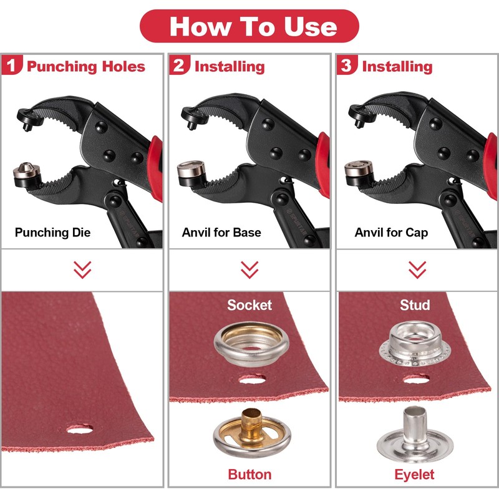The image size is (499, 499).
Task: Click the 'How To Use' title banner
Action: (x=249, y=26)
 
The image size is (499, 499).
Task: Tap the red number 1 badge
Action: (x=12, y=65)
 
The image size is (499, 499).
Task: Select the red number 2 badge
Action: (x=180, y=65)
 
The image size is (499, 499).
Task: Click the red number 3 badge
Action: (x=347, y=65)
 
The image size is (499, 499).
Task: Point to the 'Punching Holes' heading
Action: (x=86, y=66)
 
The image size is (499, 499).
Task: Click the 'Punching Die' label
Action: (x=52, y=233)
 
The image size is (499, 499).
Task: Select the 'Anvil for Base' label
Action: (x=221, y=233)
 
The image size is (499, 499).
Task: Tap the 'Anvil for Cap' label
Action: (x=391, y=233)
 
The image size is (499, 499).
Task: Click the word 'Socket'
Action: (x=249, y=305)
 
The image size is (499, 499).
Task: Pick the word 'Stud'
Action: (x=415, y=305)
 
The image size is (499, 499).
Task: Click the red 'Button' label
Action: (x=249, y=474)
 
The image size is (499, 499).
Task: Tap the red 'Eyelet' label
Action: (x=415, y=474)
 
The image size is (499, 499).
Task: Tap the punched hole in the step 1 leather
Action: (x=80, y=429)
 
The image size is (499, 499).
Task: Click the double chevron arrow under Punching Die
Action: (x=82, y=269)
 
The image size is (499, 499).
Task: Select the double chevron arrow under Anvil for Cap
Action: (x=417, y=269)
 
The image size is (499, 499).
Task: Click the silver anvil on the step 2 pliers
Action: (x=189, y=169)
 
